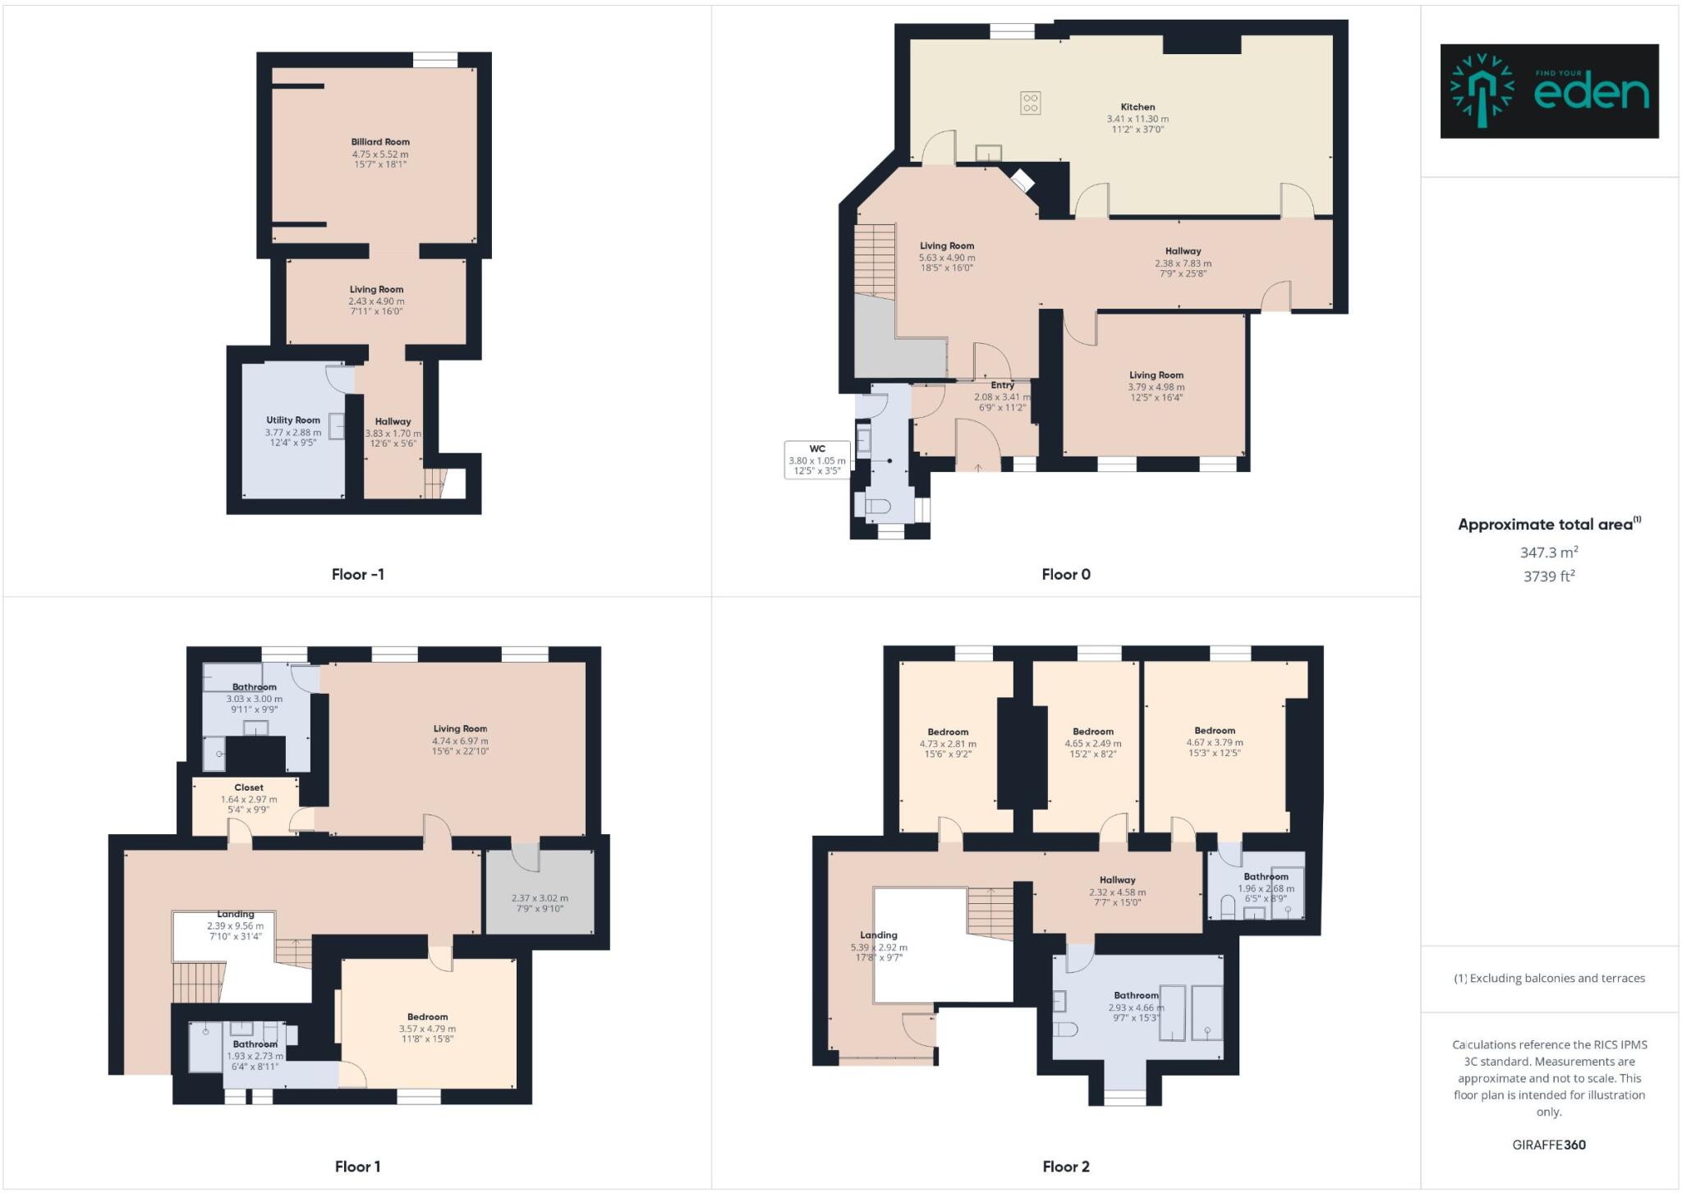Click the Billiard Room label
(x=380, y=142)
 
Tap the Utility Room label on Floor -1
(x=293, y=420)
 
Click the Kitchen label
(x=1137, y=107)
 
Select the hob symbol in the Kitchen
(x=1031, y=103)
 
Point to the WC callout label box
(x=817, y=460)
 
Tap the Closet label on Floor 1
(x=249, y=787)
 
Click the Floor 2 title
(x=1065, y=1166)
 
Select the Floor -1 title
(x=357, y=574)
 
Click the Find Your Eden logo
(x=1549, y=91)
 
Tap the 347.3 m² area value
(x=1549, y=553)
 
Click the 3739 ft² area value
(x=1549, y=576)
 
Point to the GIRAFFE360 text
(x=1549, y=1145)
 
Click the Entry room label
(x=1002, y=385)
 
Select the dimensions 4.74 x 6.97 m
(x=460, y=741)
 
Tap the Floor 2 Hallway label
(x=1117, y=879)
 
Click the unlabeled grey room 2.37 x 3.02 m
(x=540, y=903)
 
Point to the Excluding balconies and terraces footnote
(x=1549, y=978)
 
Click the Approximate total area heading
(x=1546, y=525)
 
